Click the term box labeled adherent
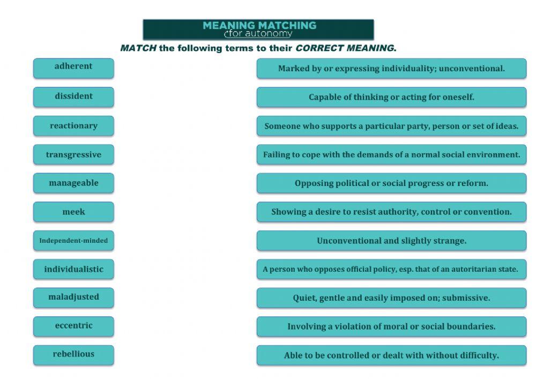click(73, 67)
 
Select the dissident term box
click(73, 96)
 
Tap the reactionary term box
click(73, 126)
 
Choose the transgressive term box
click(73, 155)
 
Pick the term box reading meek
click(73, 212)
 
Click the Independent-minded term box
click(73, 241)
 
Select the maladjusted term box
click(73, 297)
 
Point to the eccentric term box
click(73, 326)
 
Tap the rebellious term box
click(73, 354)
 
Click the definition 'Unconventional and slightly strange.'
click(391, 241)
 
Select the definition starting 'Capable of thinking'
click(391, 97)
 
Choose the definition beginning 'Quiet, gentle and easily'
click(391, 298)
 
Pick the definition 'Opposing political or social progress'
click(391, 183)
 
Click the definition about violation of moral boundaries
click(391, 326)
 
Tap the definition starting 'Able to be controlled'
click(391, 355)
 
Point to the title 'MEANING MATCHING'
click(259, 25)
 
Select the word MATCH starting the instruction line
click(138, 48)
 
